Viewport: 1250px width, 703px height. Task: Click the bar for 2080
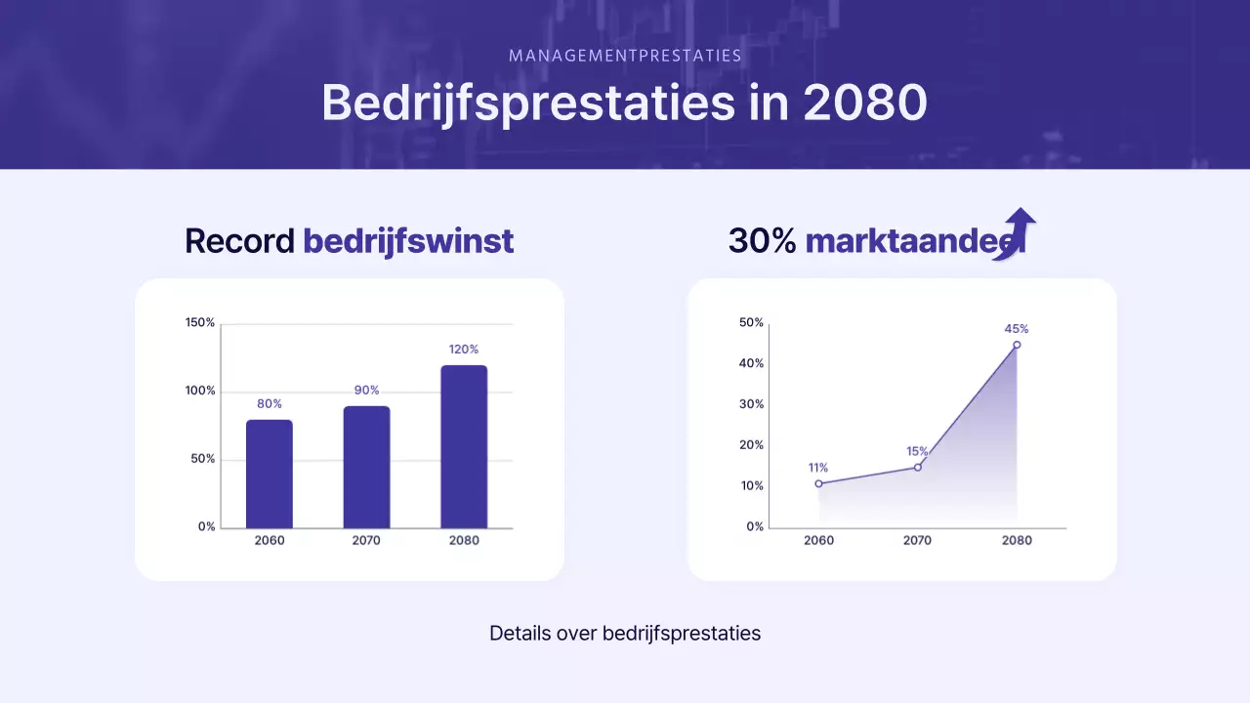point(464,447)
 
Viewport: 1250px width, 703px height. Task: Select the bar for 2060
point(269,475)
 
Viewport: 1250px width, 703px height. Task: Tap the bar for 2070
point(366,468)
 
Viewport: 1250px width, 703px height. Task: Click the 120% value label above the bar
point(464,350)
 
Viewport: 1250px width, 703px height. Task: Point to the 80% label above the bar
point(270,404)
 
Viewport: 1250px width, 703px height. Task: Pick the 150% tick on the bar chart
point(200,323)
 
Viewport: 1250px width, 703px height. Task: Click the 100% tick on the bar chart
point(200,392)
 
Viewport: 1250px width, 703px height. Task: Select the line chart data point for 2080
point(1017,345)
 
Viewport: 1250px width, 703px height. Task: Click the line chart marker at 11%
point(818,483)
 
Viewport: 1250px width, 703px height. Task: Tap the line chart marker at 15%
point(918,467)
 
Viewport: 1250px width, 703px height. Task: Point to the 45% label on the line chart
point(1017,329)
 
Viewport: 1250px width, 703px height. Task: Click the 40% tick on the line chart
point(752,364)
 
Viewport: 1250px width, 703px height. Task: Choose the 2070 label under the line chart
point(917,541)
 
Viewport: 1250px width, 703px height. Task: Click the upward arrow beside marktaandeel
point(1018,231)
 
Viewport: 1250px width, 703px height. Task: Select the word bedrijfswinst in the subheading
point(408,241)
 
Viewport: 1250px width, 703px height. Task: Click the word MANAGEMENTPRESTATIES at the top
point(625,56)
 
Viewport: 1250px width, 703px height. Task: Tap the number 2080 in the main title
point(864,102)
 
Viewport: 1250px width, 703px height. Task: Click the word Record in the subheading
point(239,241)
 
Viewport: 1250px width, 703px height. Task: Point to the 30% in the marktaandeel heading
point(763,241)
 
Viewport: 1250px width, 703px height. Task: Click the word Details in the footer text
point(520,633)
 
